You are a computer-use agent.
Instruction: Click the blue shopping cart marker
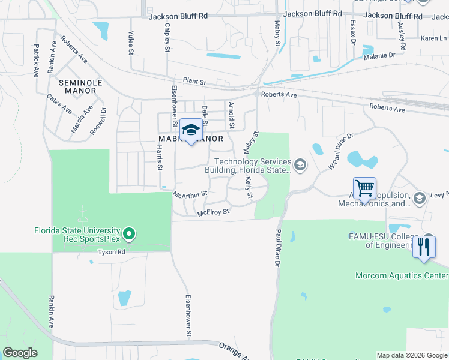point(364,188)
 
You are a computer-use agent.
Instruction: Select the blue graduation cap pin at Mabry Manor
point(191,130)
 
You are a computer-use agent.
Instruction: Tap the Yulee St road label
point(131,43)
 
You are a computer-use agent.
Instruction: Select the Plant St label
point(194,81)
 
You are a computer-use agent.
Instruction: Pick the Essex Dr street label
point(353,32)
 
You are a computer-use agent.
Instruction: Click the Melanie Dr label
point(379,55)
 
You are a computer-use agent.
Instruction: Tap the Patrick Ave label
point(36,59)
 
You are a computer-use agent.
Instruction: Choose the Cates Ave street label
point(59,103)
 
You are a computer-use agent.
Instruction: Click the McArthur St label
point(190,194)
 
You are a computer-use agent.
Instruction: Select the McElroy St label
point(213,212)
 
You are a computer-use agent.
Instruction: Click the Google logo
point(20,353)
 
